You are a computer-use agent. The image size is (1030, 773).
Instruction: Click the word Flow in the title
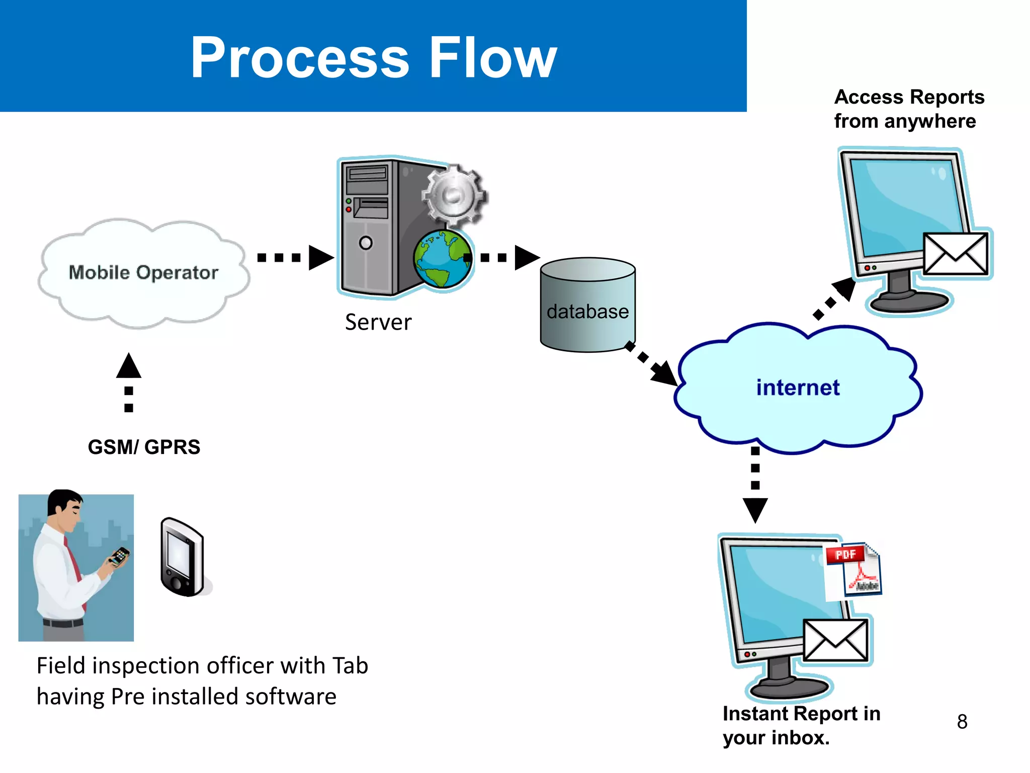pyautogui.click(x=493, y=58)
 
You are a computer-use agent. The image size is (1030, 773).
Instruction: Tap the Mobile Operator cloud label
pyautogui.click(x=143, y=272)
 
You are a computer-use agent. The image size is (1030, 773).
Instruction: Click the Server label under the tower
pyautogui.click(x=378, y=322)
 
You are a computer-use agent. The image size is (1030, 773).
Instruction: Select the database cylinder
pyautogui.click(x=587, y=305)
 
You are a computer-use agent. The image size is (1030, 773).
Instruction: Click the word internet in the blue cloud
pyautogui.click(x=798, y=388)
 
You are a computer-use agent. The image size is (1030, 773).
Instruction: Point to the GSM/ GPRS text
pyautogui.click(x=144, y=447)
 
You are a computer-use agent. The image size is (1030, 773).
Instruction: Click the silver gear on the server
pyautogui.click(x=453, y=195)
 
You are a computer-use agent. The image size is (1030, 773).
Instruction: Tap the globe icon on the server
pyautogui.click(x=443, y=259)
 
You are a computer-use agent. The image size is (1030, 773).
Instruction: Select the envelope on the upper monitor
pyautogui.click(x=956, y=254)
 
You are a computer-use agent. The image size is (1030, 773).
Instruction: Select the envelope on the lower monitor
pyautogui.click(x=835, y=640)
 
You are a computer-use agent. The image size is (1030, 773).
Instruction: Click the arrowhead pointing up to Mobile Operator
pyautogui.click(x=129, y=366)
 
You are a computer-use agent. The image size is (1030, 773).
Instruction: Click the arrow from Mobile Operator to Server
pyautogui.click(x=296, y=258)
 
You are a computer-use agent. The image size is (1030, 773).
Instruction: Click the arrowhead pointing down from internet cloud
pyautogui.click(x=755, y=509)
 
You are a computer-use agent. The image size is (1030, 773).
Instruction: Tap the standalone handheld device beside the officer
pyautogui.click(x=182, y=557)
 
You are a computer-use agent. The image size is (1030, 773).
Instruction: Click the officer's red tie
pyautogui.click(x=73, y=564)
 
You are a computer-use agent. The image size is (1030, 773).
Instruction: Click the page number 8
pyautogui.click(x=962, y=722)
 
